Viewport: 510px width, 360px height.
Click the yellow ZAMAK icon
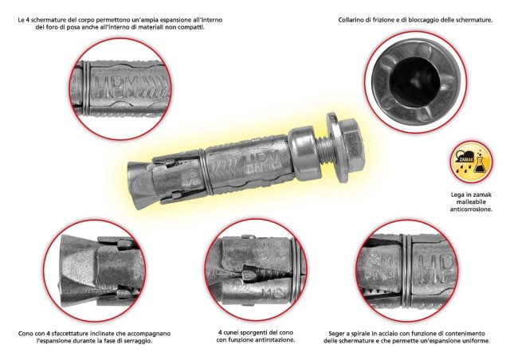point(471,162)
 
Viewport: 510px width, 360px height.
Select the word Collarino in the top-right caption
point(350,20)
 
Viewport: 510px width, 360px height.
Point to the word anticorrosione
point(471,209)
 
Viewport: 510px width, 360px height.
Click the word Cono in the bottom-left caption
point(25,334)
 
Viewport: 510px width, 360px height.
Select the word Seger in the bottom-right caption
point(336,334)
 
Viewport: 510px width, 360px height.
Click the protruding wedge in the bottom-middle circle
point(249,272)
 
